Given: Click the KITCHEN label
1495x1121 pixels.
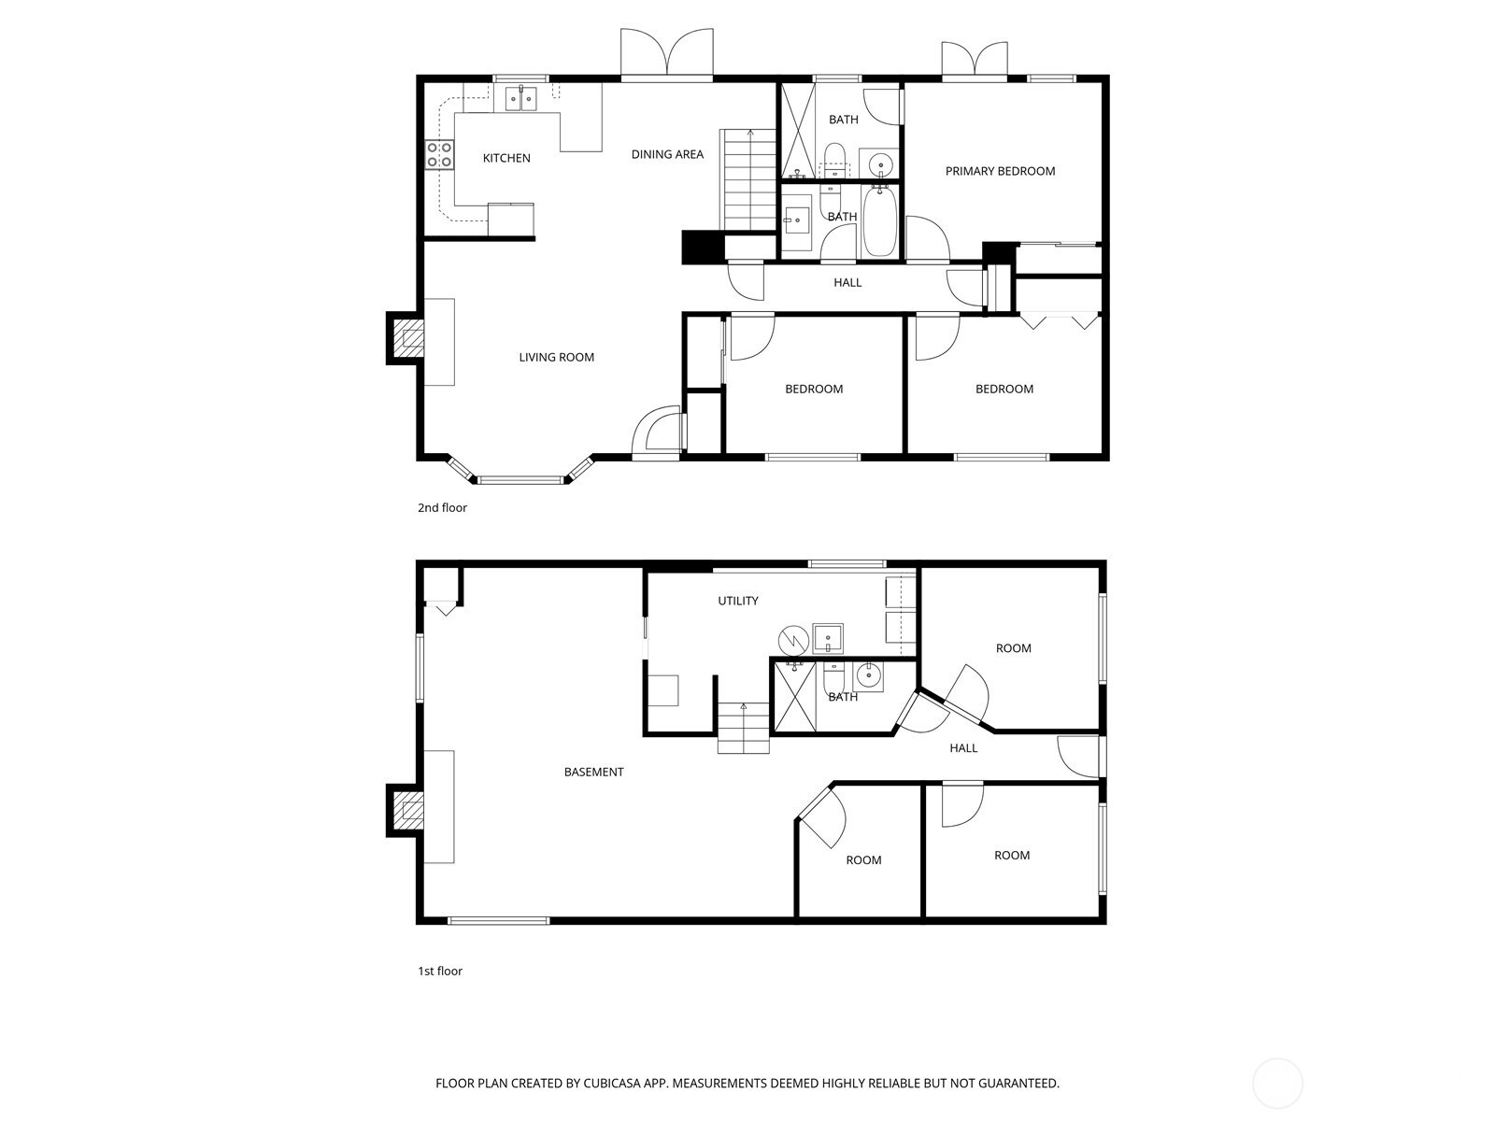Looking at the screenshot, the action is [x=506, y=158].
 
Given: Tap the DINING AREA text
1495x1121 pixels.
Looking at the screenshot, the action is [x=667, y=154].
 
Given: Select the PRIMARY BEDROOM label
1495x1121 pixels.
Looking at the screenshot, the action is [x=1000, y=172].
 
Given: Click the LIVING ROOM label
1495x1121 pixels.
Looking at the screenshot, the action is [x=557, y=358].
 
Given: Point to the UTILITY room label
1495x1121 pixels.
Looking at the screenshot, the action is [x=737, y=601].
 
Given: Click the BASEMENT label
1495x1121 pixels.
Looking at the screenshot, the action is [x=593, y=772].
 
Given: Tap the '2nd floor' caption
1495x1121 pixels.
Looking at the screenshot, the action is [x=442, y=508].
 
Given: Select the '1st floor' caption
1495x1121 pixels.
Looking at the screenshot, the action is [x=440, y=972].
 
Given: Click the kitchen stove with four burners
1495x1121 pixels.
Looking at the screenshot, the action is [x=439, y=154].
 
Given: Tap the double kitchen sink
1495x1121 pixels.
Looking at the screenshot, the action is [x=521, y=99].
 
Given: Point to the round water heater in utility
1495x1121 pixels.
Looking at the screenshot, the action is [x=793, y=640].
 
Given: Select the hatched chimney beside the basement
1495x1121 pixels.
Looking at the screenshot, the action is [x=406, y=810].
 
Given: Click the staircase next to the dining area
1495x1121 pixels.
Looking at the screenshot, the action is [x=748, y=180].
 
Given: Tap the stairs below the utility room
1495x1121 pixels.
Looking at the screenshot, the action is [x=743, y=728].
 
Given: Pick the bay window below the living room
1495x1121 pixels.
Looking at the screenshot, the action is [x=521, y=471].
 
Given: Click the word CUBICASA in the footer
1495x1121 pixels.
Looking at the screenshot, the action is [x=612, y=1084].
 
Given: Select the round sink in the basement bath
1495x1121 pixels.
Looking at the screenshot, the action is [x=868, y=675].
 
